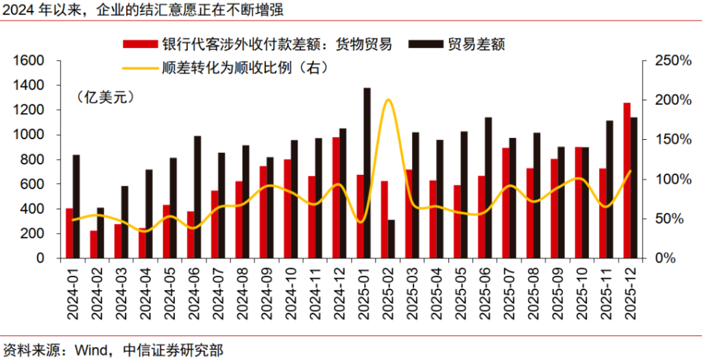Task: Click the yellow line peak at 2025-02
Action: coord(388,100)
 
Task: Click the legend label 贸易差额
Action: coord(476,45)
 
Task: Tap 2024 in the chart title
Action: coord(16,10)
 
